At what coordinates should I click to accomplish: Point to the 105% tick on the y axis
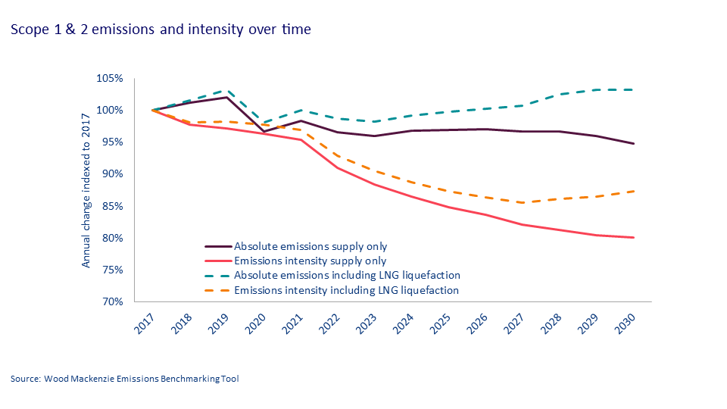(x=110, y=78)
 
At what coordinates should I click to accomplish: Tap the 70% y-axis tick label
(x=112, y=302)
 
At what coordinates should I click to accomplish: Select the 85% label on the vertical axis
(x=112, y=206)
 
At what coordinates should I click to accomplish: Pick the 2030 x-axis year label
(x=626, y=323)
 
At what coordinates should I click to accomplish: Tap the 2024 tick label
(x=404, y=323)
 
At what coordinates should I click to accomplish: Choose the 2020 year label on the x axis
(x=256, y=323)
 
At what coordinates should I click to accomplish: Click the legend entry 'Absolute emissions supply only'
(x=310, y=246)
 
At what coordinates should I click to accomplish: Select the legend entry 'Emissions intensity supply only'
(x=310, y=261)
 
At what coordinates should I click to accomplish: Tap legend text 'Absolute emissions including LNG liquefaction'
(x=347, y=275)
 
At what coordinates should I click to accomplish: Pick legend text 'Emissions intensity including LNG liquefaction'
(x=346, y=290)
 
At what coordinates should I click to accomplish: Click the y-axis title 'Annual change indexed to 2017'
(x=86, y=191)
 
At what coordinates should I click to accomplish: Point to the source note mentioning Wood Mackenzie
(x=125, y=379)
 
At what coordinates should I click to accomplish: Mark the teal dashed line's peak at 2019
(x=226, y=90)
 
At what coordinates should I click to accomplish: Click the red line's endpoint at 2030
(x=634, y=237)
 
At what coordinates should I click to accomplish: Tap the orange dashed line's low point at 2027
(x=523, y=203)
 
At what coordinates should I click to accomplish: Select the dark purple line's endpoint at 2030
(x=634, y=144)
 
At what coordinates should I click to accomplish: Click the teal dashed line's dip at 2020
(x=264, y=123)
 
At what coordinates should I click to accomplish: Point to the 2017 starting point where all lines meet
(x=152, y=111)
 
